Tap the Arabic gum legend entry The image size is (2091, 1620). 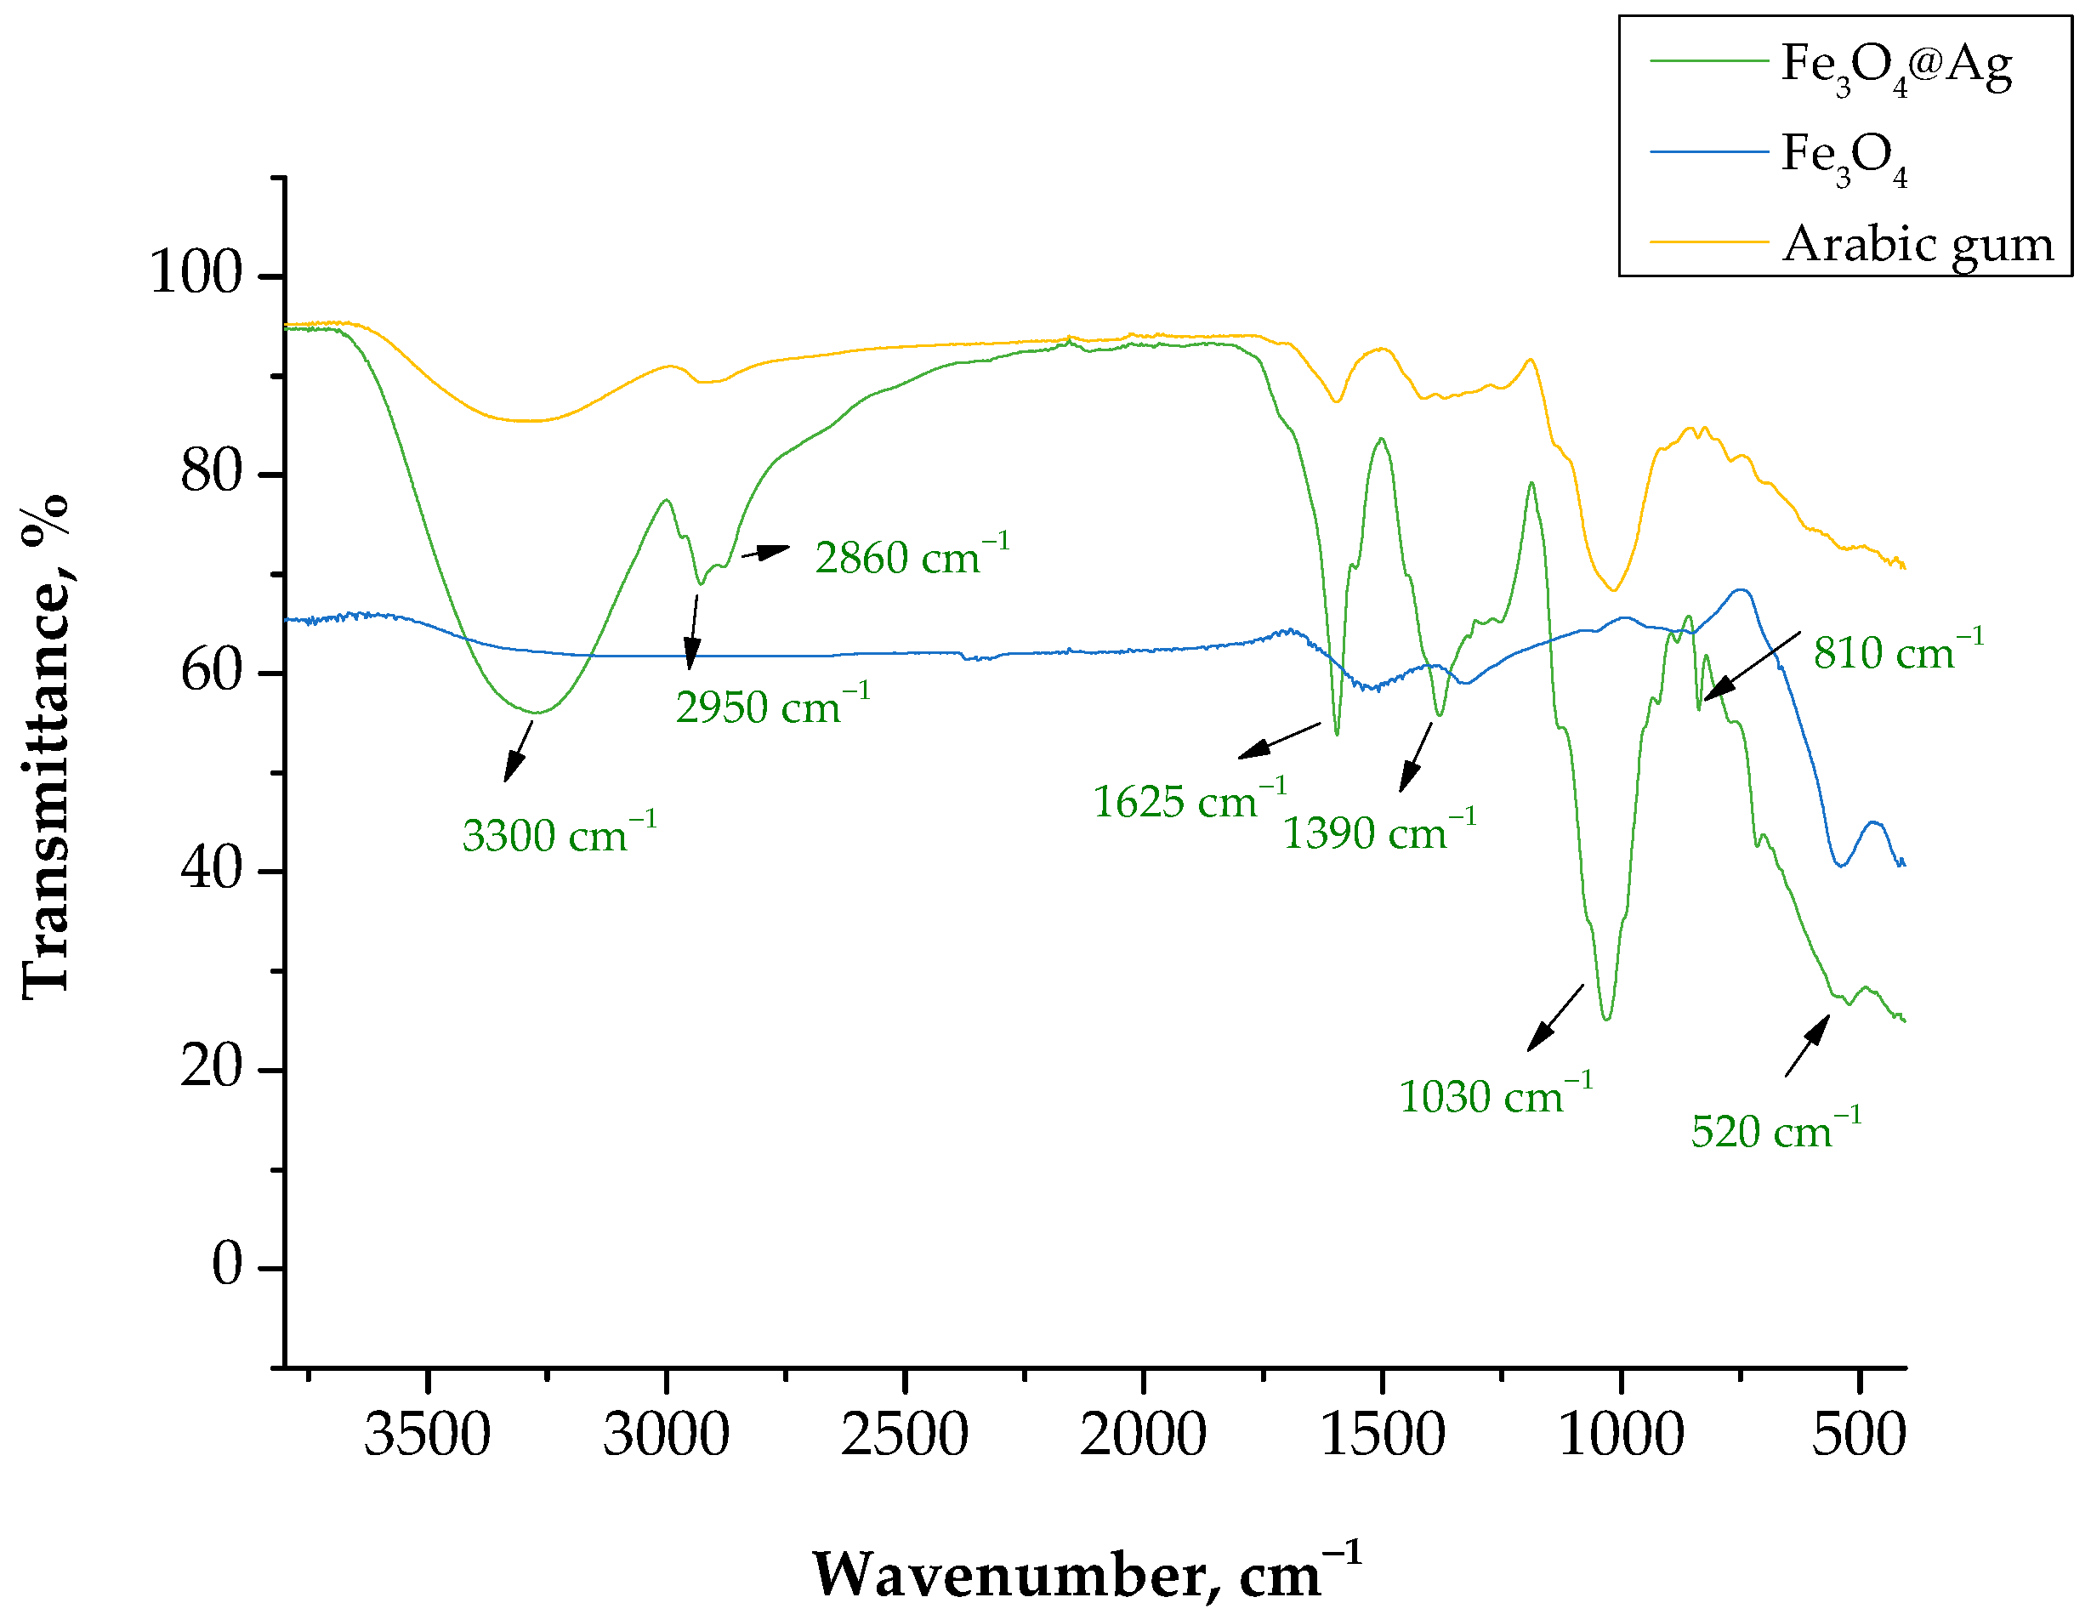coord(1917,244)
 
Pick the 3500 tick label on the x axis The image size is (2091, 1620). coord(427,1435)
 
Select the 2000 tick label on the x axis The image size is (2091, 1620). coord(1143,1435)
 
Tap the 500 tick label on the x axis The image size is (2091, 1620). coord(1858,1435)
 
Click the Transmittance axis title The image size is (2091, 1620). coord(46,747)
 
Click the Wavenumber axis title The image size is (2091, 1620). coord(1087,1573)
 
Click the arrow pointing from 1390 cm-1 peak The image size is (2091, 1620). coord(1416,756)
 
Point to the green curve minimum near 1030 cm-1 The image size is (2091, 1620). coord(1606,1018)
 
